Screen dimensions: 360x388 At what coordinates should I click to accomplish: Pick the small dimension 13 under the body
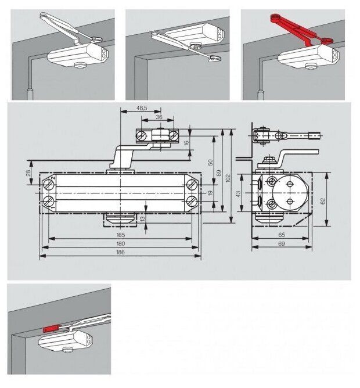tap(143, 218)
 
